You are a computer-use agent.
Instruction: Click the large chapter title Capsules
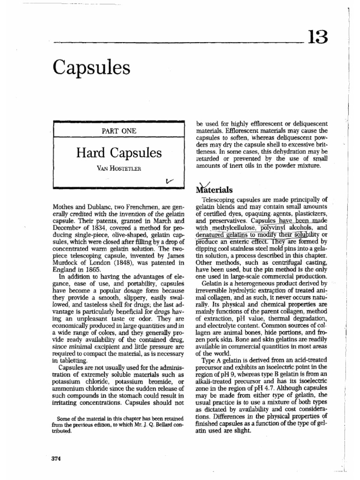point(92,68)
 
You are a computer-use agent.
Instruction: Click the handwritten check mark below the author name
point(169,180)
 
